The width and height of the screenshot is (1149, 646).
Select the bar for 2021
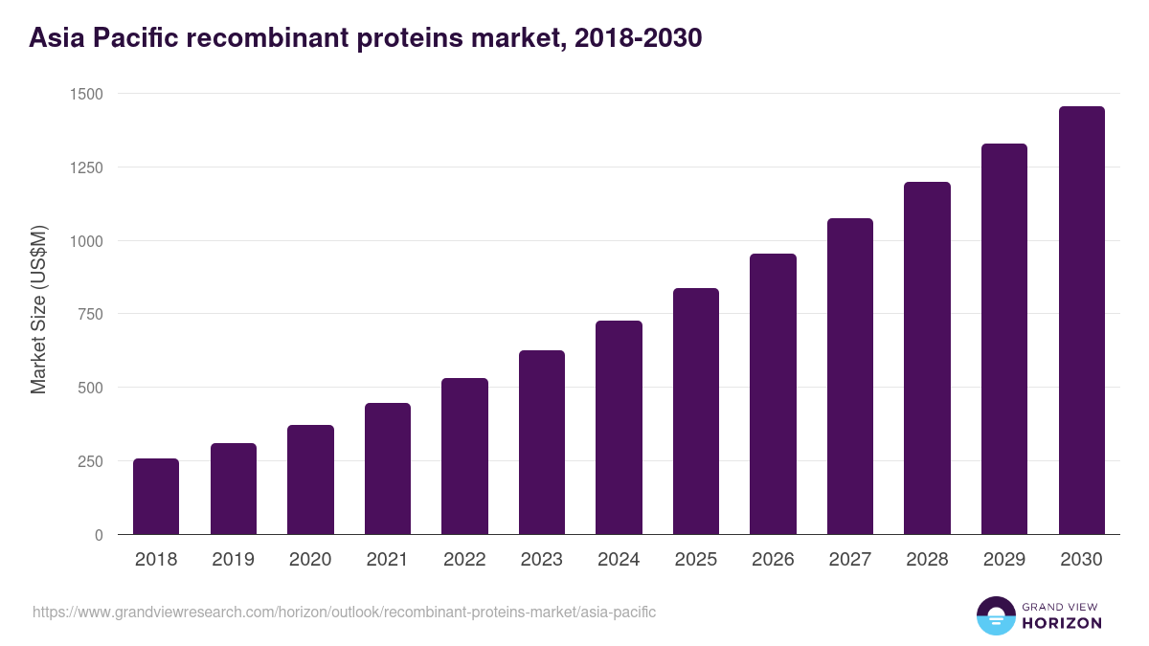[x=388, y=468]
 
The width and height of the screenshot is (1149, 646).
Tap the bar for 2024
[x=619, y=427]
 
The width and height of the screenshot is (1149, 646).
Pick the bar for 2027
[x=850, y=376]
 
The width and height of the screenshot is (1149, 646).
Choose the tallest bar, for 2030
[x=1081, y=320]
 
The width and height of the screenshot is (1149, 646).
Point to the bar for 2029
[x=1004, y=339]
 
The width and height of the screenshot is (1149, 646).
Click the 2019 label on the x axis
[x=233, y=560]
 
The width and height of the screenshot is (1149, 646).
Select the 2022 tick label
[x=464, y=560]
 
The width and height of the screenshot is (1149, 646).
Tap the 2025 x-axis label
[x=695, y=560]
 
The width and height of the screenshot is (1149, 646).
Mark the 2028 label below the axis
[x=927, y=560]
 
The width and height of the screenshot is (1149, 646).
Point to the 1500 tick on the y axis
[x=85, y=94]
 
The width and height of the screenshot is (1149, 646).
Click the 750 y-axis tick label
[x=89, y=314]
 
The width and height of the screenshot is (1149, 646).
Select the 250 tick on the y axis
[x=89, y=461]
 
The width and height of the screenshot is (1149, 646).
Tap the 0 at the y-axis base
[x=99, y=535]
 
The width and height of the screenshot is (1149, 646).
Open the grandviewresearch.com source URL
[x=344, y=612]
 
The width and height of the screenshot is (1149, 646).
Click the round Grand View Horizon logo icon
[x=995, y=615]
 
